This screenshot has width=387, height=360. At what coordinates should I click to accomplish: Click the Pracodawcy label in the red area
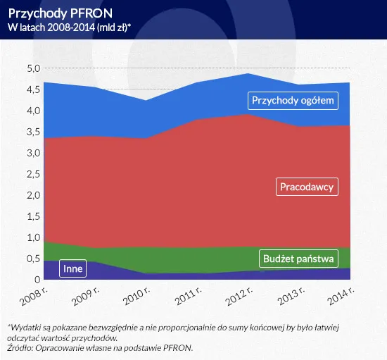pos(306,187)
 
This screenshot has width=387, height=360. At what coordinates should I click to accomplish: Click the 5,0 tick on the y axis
pos(33,68)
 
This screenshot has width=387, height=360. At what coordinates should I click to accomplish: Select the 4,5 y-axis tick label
pos(33,89)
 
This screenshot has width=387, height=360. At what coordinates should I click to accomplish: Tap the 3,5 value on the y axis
pos(33,132)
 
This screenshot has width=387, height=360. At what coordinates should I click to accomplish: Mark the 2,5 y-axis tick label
pos(33,174)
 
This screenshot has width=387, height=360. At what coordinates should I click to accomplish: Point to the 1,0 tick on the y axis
pos(33,237)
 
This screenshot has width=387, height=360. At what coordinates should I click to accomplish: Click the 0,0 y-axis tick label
pos(33,280)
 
